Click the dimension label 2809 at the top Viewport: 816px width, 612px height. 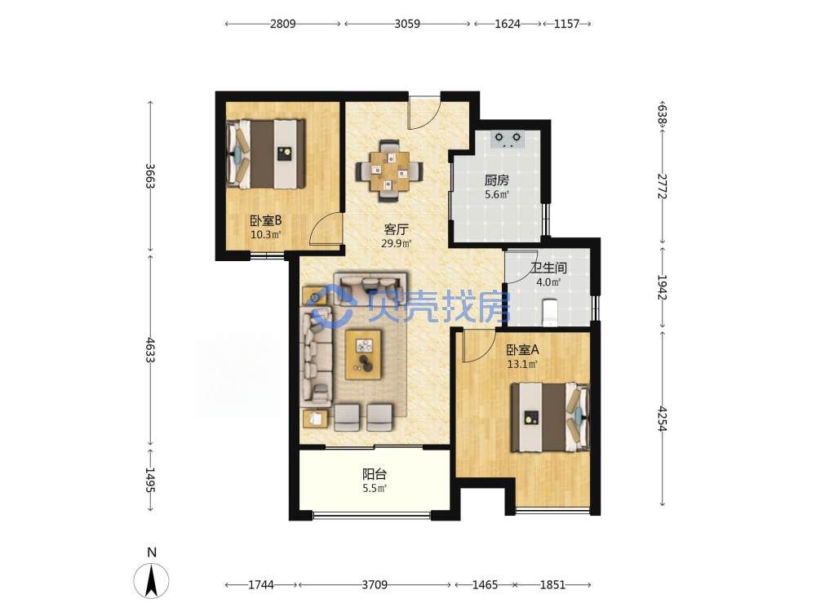click(x=282, y=24)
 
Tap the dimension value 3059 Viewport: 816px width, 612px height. click(x=407, y=24)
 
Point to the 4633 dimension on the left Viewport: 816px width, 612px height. click(x=150, y=350)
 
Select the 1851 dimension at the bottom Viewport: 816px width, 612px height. click(x=552, y=585)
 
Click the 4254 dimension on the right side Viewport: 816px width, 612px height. click(x=662, y=419)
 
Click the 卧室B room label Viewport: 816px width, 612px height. click(x=265, y=220)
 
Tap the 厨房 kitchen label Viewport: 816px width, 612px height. click(x=496, y=180)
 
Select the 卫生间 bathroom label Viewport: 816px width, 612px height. click(x=548, y=268)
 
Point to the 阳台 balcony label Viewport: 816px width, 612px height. click(x=375, y=474)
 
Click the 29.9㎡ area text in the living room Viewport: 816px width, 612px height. click(x=397, y=243)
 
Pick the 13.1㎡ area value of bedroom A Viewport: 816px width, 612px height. click(x=522, y=364)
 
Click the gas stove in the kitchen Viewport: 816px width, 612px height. click(x=508, y=139)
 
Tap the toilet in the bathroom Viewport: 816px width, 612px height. click(x=550, y=313)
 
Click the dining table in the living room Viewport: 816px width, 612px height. click(x=389, y=171)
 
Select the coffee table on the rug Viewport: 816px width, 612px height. click(x=364, y=355)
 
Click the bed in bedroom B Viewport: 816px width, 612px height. click(x=266, y=154)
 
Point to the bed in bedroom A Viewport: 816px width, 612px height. click(x=551, y=418)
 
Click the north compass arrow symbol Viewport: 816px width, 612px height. click(x=152, y=581)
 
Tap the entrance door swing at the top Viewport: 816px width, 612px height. click(x=424, y=113)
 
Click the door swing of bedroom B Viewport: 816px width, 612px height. click(x=326, y=229)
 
